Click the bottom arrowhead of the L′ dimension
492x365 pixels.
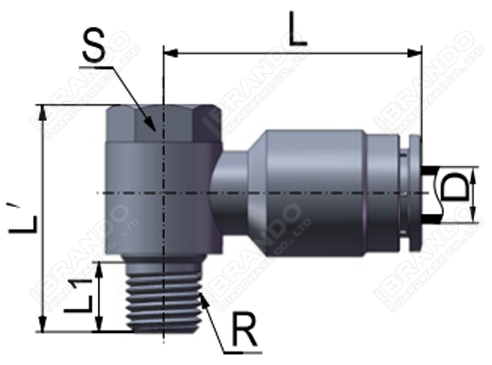pos(44,327)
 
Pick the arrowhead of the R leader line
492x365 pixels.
pos(204,298)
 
